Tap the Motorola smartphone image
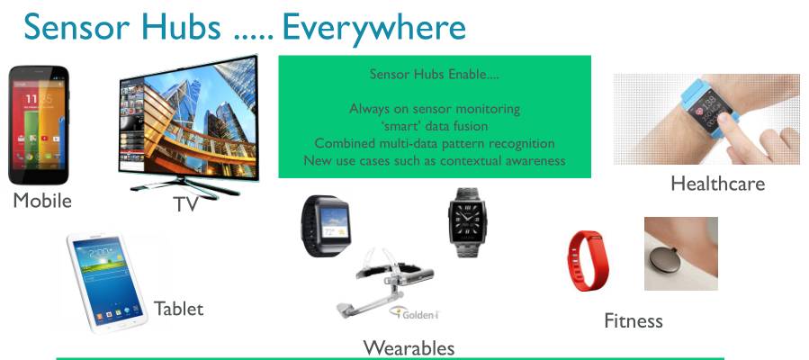point(38,124)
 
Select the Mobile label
point(40,200)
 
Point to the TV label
point(185,204)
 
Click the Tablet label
point(178,309)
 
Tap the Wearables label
point(409,347)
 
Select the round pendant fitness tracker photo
point(680,254)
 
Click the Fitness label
point(633,320)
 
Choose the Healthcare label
point(717,184)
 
